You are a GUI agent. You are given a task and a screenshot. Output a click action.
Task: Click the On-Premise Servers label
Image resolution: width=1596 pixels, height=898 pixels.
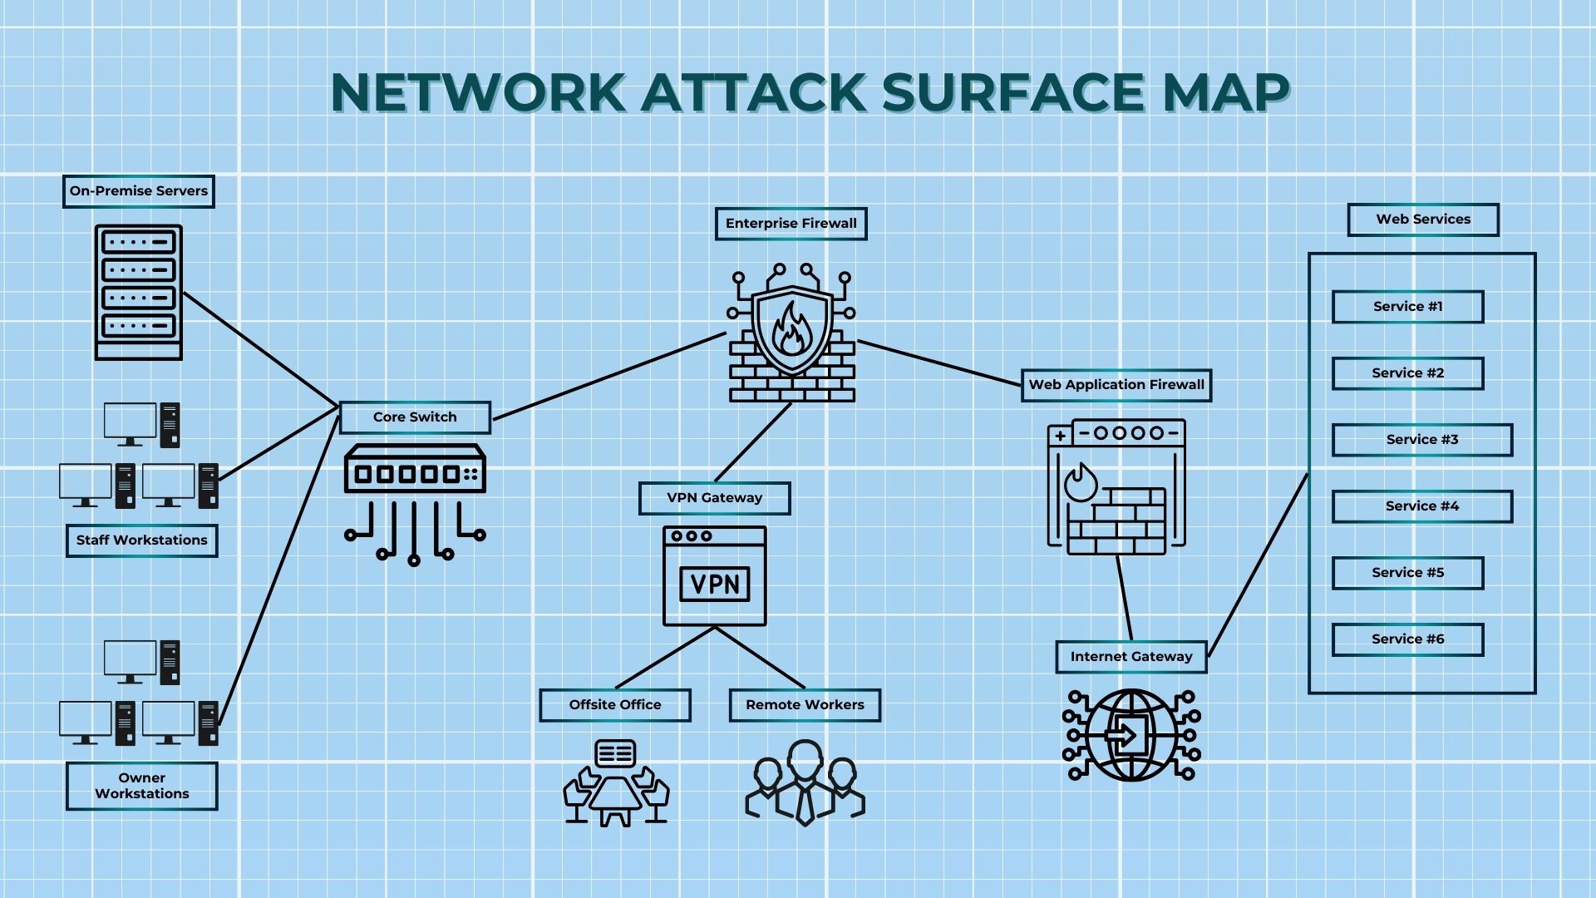(x=139, y=191)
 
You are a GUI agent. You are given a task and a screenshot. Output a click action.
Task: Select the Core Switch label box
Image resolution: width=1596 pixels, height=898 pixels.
(x=415, y=417)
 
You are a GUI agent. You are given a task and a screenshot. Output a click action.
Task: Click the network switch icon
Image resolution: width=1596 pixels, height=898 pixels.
(x=415, y=470)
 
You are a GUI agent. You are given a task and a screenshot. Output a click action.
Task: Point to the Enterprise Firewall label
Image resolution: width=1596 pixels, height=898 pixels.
(x=791, y=224)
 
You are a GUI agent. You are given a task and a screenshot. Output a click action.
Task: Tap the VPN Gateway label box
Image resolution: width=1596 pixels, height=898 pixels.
(x=714, y=498)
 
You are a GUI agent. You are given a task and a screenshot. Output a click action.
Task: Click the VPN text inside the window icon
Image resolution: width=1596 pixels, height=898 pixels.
(x=715, y=584)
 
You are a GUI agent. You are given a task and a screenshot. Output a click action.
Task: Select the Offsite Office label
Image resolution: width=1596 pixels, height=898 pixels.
(x=614, y=705)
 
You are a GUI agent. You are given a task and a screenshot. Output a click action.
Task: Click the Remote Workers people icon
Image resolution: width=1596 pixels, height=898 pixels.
(x=805, y=782)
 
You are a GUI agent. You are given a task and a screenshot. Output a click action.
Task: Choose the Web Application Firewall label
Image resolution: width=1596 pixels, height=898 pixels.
(x=1116, y=385)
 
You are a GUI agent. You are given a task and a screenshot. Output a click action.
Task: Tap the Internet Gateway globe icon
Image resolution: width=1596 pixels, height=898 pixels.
(x=1131, y=735)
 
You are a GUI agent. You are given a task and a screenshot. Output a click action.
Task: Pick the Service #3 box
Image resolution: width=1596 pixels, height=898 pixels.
(x=1421, y=440)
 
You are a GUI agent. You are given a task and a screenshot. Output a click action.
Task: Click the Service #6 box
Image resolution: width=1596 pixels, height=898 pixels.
(x=1407, y=639)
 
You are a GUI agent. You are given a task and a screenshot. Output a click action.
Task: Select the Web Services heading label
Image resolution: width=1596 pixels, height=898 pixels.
(x=1422, y=220)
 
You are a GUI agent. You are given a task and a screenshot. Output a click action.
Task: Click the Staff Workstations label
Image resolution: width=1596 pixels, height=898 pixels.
(x=141, y=540)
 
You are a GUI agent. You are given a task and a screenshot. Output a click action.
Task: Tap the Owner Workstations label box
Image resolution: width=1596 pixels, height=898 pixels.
(x=141, y=786)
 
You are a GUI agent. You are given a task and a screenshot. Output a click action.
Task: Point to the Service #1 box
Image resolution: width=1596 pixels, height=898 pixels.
(x=1407, y=307)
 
